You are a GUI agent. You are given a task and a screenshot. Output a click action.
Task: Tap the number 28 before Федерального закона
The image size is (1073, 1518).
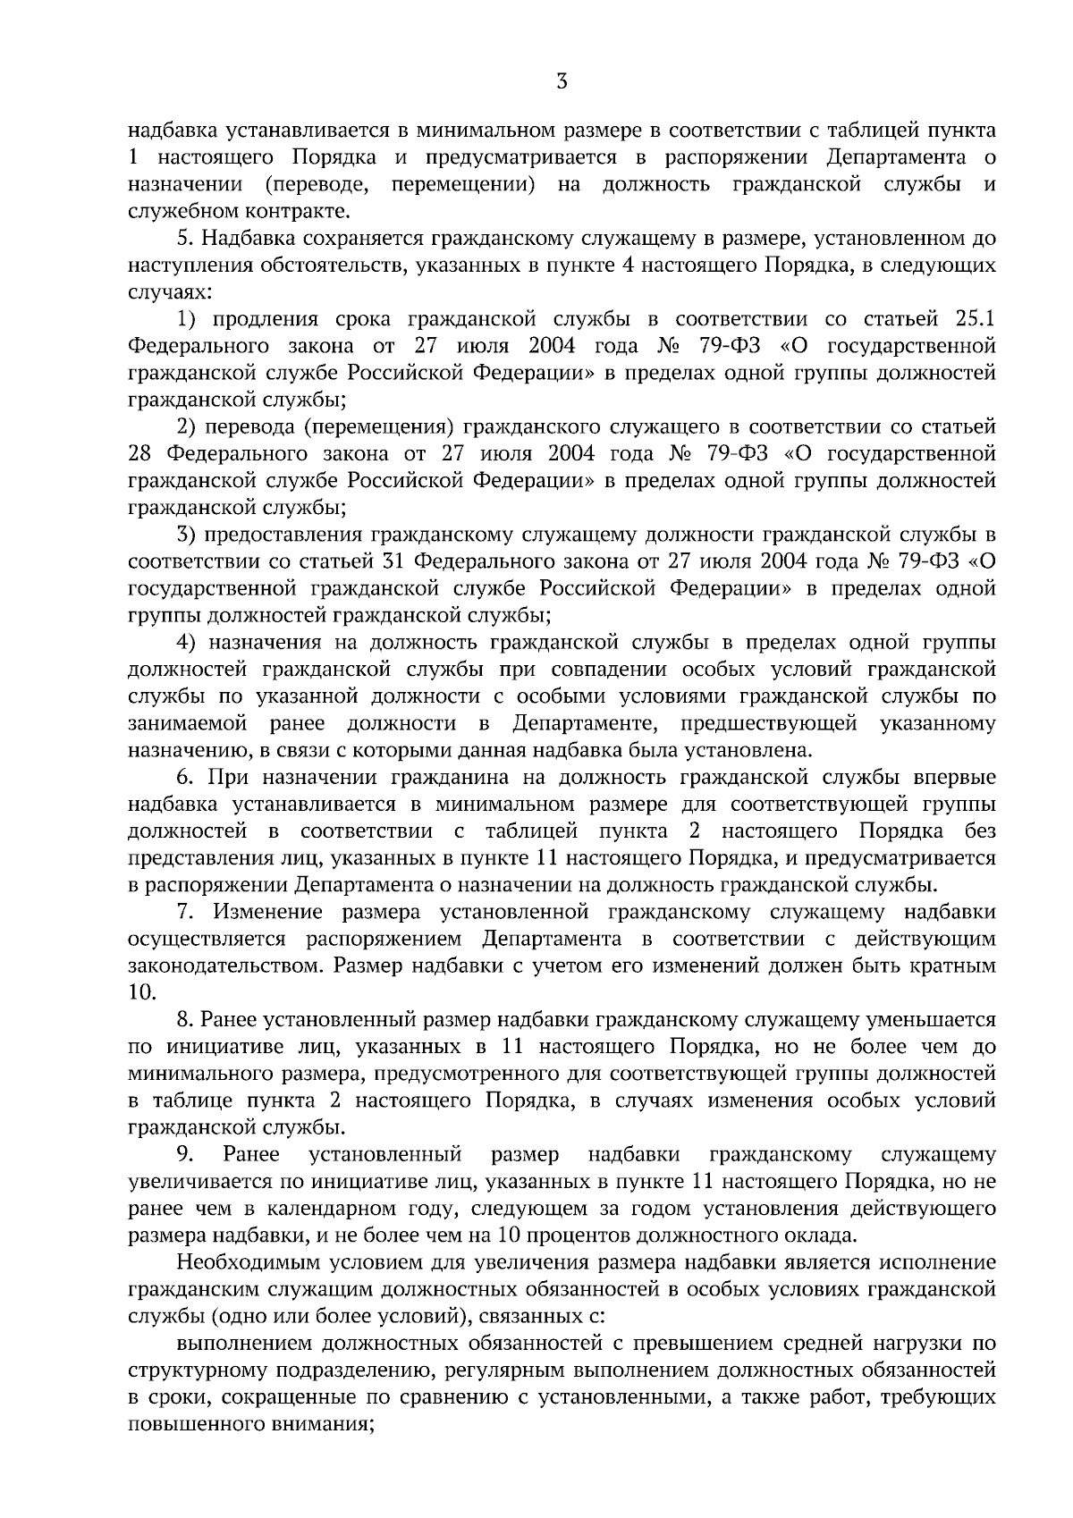[x=142, y=454]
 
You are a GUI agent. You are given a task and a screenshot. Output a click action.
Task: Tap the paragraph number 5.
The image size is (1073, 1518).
[x=184, y=239]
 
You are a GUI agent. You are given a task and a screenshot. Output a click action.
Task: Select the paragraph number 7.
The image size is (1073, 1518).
[x=184, y=912]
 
